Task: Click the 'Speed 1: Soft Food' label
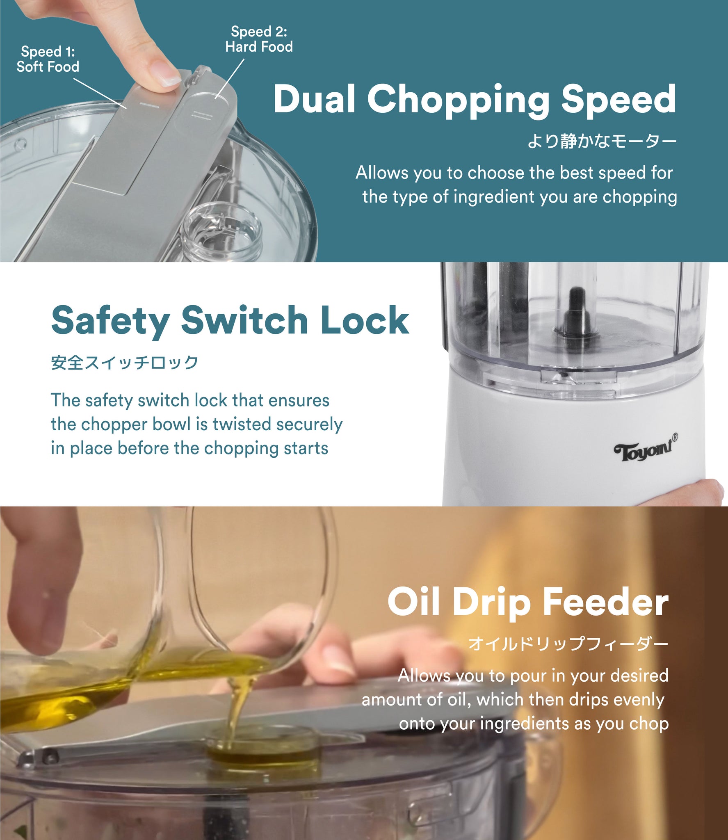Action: coord(48,59)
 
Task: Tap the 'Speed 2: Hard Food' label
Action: coord(259,39)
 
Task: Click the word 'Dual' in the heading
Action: coord(315,99)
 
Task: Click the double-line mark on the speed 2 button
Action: coord(202,115)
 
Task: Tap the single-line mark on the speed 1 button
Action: coord(150,105)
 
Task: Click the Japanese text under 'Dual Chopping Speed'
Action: coord(602,142)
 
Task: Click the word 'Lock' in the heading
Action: coord(365,320)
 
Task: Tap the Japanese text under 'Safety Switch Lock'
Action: coord(125,363)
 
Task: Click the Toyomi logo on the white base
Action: coord(642,452)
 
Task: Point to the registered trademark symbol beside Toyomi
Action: coord(675,437)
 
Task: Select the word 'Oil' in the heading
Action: coord(413,602)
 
